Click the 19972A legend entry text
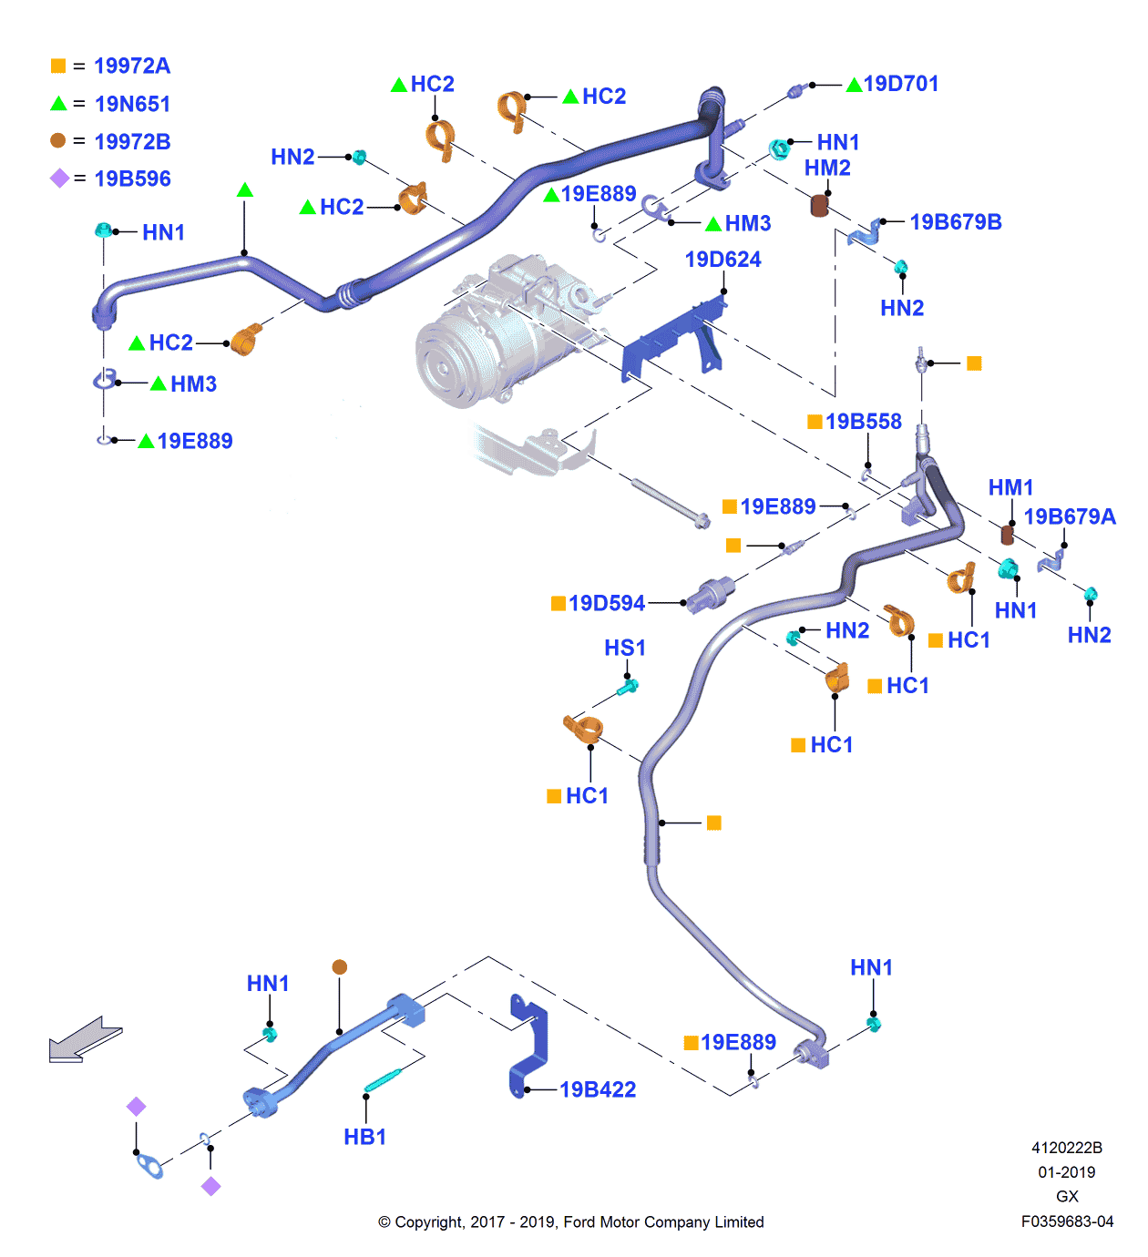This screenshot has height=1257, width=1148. tap(132, 66)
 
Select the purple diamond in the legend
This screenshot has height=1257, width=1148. tap(59, 179)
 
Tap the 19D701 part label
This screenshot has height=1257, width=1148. tap(900, 84)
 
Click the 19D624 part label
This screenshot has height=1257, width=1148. tap(723, 260)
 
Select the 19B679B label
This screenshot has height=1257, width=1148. tap(955, 222)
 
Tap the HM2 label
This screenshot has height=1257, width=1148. tap(827, 169)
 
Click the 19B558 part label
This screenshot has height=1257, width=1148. tap(863, 422)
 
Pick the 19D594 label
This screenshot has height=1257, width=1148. tap(606, 603)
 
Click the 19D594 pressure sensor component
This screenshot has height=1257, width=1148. tap(711, 594)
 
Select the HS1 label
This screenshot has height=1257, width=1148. tap(625, 648)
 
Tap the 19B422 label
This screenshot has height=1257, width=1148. tap(598, 1089)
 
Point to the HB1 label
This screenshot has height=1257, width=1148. tap(364, 1137)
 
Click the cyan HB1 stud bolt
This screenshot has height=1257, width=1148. tap(383, 1079)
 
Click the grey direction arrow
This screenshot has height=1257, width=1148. tap(84, 1040)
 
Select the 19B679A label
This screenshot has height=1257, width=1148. tap(1070, 517)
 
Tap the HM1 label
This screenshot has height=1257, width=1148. tap(1010, 488)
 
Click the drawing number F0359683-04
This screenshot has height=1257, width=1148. tap(1067, 1221)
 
